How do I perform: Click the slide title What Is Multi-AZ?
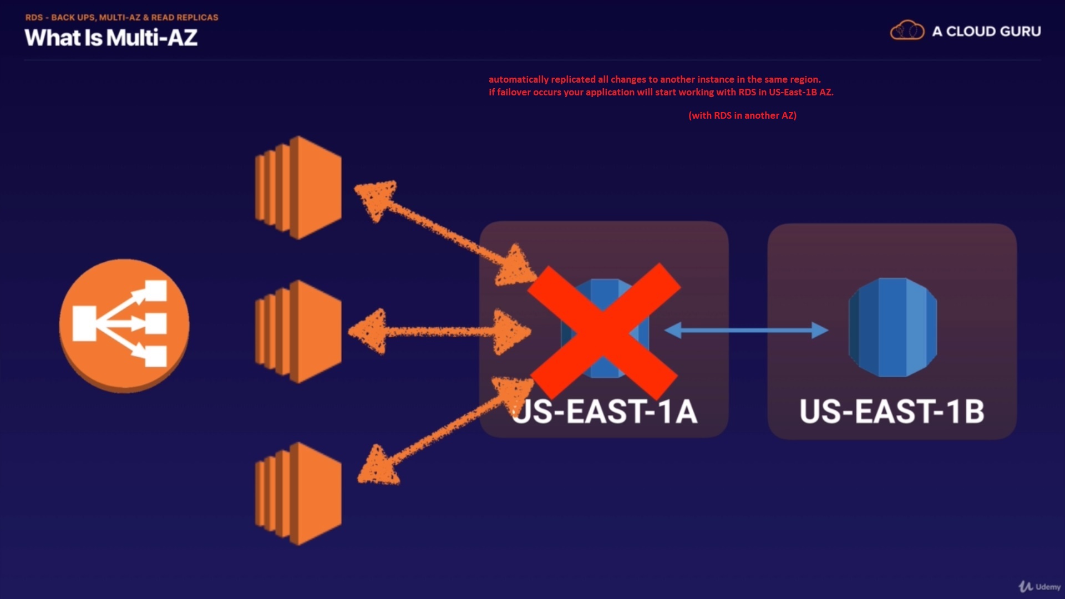point(111,38)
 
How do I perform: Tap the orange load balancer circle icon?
point(124,325)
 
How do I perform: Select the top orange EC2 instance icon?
point(298,187)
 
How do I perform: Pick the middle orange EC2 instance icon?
point(298,331)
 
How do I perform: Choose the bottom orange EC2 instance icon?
point(298,493)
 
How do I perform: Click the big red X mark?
point(604,331)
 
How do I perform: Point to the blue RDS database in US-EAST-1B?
point(892,327)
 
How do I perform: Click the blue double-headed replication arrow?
point(746,331)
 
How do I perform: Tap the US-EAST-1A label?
point(604,412)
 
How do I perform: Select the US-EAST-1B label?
point(892,412)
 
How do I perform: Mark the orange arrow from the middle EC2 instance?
point(438,332)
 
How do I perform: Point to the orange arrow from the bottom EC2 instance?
point(444,433)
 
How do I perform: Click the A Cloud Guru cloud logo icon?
point(907,31)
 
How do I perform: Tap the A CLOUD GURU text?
point(986,32)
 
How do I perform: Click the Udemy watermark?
point(1039,586)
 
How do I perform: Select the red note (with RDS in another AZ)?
point(742,115)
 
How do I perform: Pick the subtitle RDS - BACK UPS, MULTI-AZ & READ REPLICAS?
point(121,17)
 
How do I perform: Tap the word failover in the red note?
point(513,92)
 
